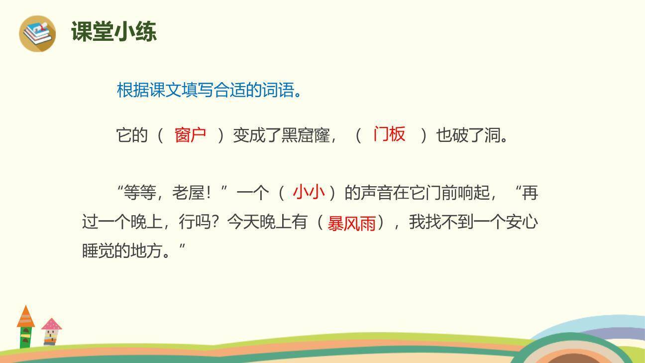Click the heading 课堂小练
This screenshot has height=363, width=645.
pyautogui.click(x=113, y=32)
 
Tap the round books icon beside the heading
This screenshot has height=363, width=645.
pyautogui.click(x=37, y=33)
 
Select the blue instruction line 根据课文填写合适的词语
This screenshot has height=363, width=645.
pyautogui.click(x=209, y=90)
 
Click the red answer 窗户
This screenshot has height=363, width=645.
pyautogui.click(x=190, y=134)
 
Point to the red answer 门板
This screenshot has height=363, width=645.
pyautogui.click(x=389, y=134)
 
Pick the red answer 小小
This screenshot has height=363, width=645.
pyautogui.click(x=309, y=192)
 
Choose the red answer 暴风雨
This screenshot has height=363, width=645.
pyautogui.click(x=351, y=223)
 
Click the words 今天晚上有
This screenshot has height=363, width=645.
pyautogui.click(x=267, y=222)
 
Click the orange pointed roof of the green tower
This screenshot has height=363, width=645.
pyautogui.click(x=26, y=317)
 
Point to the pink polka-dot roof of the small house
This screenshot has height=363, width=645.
pyautogui.click(x=51, y=325)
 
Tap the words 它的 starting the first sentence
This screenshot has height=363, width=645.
pyautogui.click(x=132, y=135)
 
